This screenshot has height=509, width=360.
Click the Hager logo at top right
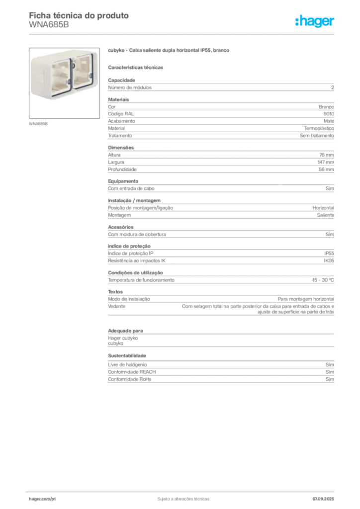(315, 21)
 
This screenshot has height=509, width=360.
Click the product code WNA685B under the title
(49, 25)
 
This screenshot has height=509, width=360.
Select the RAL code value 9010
(329, 114)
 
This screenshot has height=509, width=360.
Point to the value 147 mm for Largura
(326, 163)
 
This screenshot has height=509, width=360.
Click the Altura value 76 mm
(327, 155)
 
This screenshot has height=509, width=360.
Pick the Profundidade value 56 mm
(326, 170)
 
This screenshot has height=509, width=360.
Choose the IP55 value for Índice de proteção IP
(329, 254)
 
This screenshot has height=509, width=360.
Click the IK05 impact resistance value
(329, 260)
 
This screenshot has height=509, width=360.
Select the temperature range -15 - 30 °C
(323, 280)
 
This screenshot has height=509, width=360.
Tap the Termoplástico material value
(319, 129)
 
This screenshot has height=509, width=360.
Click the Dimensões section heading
(121, 148)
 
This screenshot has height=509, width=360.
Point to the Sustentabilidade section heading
(127, 356)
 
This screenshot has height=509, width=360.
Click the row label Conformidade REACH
(132, 372)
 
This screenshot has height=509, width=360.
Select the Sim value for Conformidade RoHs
(330, 379)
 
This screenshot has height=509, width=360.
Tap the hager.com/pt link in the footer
(42, 499)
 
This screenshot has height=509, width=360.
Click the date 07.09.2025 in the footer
(323, 499)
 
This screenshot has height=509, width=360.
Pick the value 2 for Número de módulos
(333, 87)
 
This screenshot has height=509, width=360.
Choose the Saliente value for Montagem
(326, 215)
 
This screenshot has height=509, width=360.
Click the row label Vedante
(116, 306)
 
